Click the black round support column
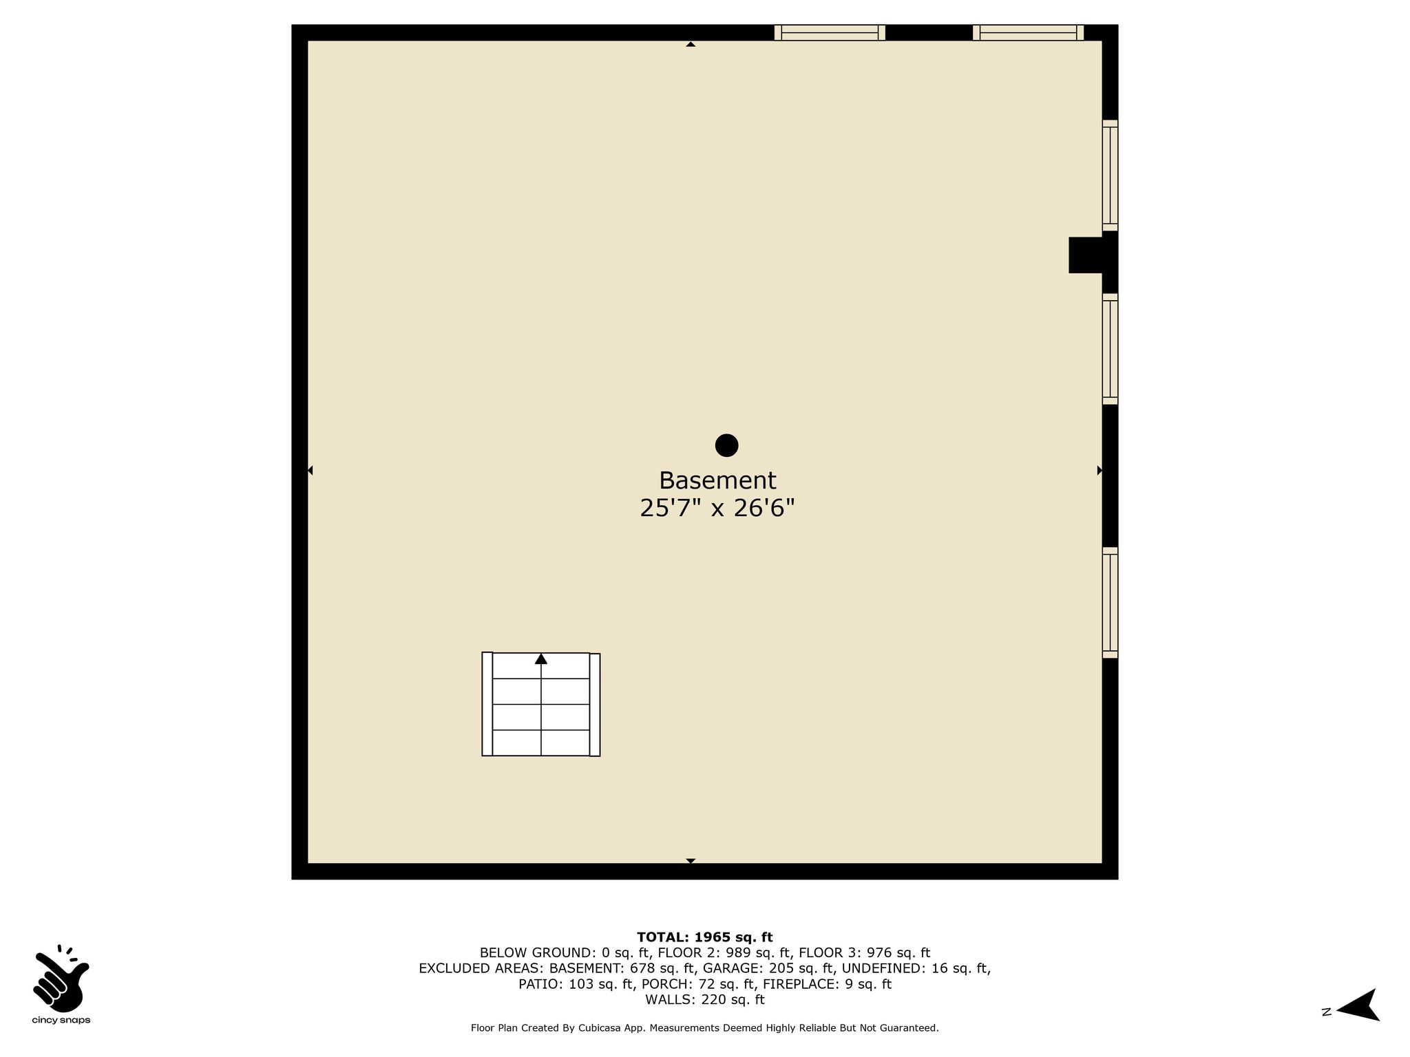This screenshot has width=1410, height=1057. point(726,445)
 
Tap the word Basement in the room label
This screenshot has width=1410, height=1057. point(717,480)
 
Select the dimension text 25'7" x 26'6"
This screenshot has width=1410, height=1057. point(717,509)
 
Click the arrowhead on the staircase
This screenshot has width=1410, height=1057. point(541,659)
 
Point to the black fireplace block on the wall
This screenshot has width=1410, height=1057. point(1086,255)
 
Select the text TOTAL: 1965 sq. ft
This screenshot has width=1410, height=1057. point(705,937)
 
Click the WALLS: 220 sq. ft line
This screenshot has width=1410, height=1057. point(705,999)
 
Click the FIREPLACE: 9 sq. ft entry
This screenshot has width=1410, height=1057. point(827,984)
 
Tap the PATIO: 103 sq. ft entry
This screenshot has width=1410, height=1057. point(576,984)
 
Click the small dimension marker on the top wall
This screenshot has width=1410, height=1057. point(691,44)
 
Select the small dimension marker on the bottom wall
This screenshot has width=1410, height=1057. point(691,861)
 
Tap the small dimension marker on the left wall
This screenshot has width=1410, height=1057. point(310,471)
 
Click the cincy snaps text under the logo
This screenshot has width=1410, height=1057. point(61,1021)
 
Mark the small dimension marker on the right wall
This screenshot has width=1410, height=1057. point(1099,471)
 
